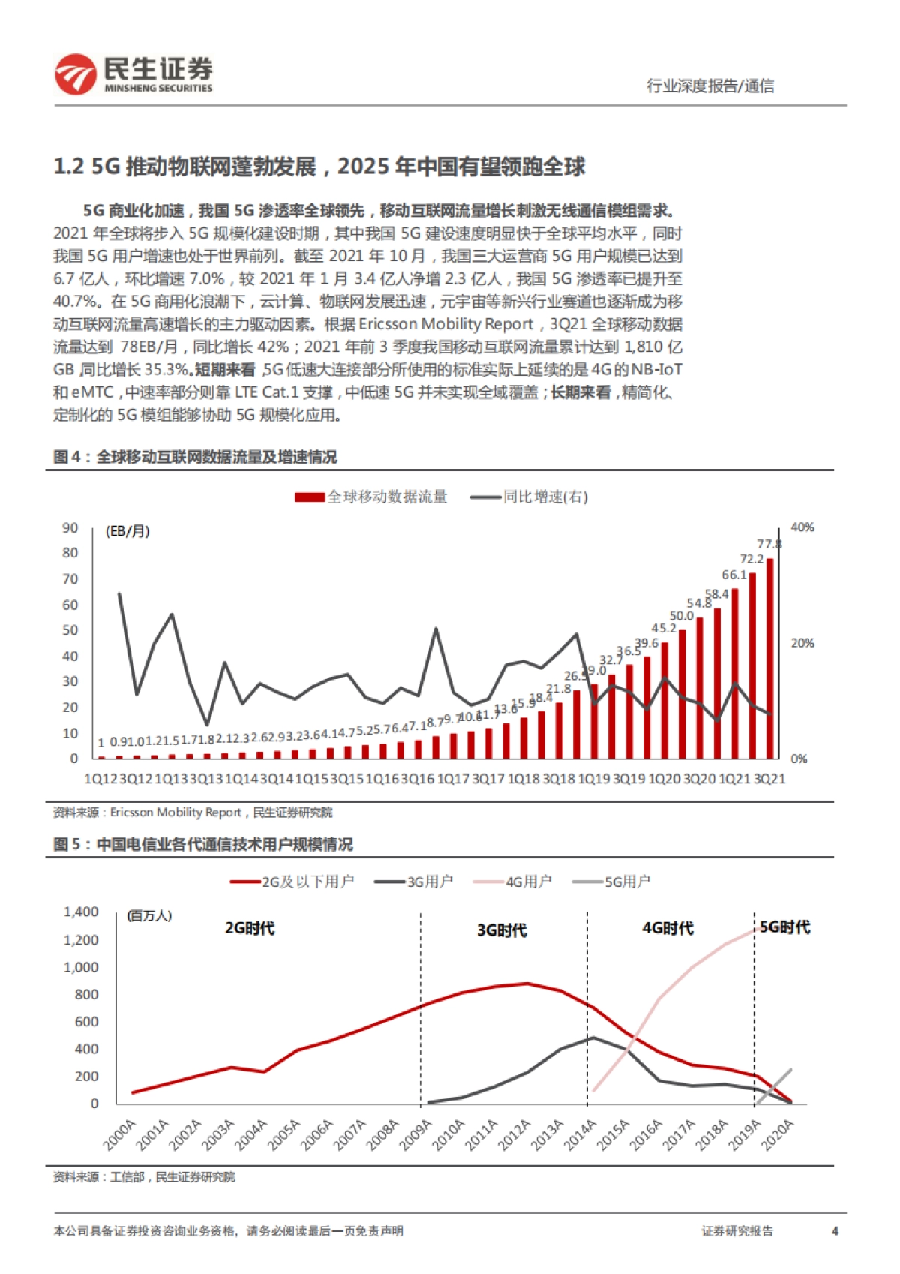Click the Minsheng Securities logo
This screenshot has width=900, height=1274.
(x=133, y=74)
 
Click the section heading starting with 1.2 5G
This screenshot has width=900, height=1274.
(x=319, y=167)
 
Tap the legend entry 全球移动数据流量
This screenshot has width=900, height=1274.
(x=372, y=497)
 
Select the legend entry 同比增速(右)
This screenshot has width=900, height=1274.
(x=529, y=497)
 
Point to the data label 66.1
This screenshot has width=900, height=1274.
(x=734, y=575)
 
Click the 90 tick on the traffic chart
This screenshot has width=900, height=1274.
(x=70, y=528)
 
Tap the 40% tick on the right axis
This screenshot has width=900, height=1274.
(x=802, y=527)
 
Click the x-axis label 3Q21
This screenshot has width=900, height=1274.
(x=769, y=779)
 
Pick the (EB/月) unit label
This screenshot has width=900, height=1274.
(x=127, y=531)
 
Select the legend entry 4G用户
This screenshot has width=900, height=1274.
(x=513, y=882)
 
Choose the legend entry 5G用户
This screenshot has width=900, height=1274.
(x=611, y=882)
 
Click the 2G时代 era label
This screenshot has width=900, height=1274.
(x=250, y=928)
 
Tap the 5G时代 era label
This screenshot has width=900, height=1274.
(x=784, y=927)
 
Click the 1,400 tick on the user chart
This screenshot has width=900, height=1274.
(x=81, y=912)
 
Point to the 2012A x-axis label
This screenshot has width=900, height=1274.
(x=515, y=1134)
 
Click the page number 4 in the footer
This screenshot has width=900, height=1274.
(x=835, y=1231)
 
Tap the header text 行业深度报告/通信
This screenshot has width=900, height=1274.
(x=710, y=86)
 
